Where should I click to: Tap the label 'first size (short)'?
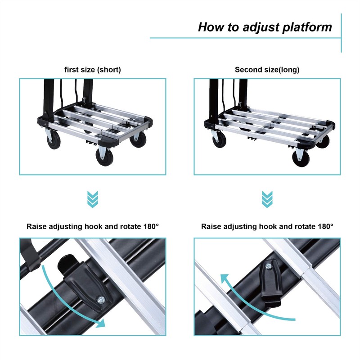[93, 70]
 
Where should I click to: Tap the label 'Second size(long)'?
[267, 70]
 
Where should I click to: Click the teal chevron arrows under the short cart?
[93, 199]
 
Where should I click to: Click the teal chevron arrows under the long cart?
[267, 199]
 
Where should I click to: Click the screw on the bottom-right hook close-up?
[269, 266]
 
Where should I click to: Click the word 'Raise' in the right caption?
[211, 226]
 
